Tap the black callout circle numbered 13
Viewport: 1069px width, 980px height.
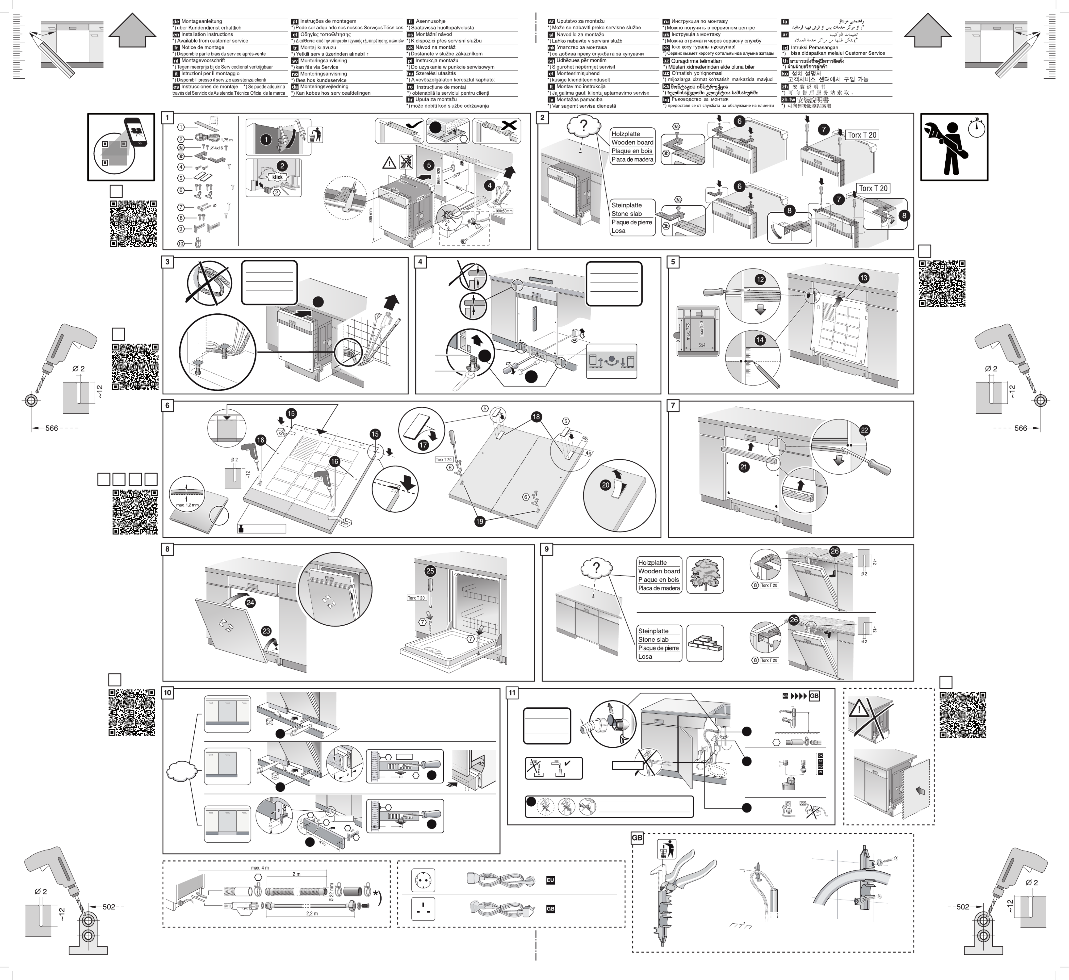click(864, 277)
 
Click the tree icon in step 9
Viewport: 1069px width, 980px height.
click(705, 575)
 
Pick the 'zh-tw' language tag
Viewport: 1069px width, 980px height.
click(788, 99)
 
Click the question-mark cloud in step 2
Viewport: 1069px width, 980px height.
click(584, 126)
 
